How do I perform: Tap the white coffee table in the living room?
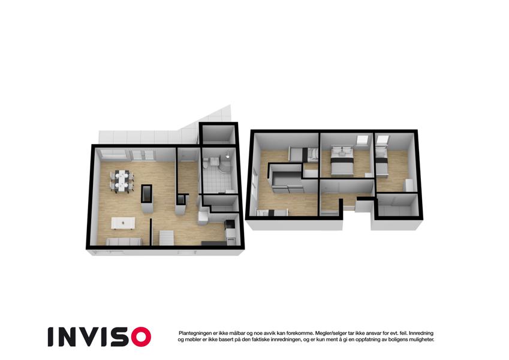[x=123, y=223]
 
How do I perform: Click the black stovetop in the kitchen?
[x=230, y=224]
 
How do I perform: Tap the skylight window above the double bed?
[x=362, y=140]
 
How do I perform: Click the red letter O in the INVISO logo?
[x=141, y=337]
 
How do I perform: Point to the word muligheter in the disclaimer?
[x=421, y=340]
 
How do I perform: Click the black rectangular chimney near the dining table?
[x=146, y=194]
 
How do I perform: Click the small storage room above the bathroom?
[x=218, y=134]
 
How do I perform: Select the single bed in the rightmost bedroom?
[x=382, y=163]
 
